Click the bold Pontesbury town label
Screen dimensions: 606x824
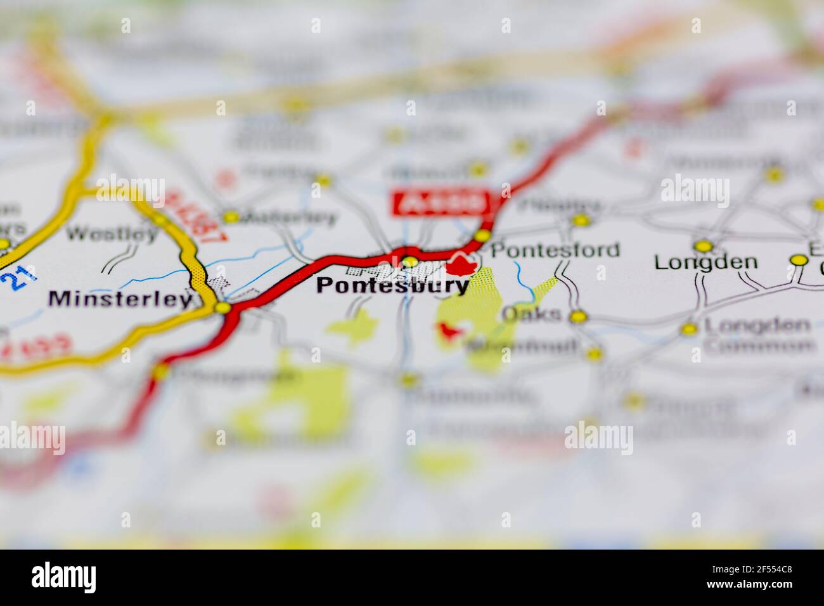tap(392, 286)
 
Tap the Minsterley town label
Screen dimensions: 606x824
tap(120, 299)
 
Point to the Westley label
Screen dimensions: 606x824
tap(112, 233)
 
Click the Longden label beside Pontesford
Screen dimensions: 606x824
tap(705, 262)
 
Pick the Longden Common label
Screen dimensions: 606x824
tap(758, 335)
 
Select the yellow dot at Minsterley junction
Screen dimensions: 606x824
tap(222, 308)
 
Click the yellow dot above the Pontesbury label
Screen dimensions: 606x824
tap(410, 261)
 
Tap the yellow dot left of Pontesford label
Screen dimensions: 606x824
tap(482, 236)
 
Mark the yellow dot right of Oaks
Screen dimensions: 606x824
tap(577, 316)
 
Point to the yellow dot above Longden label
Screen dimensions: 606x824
tap(702, 246)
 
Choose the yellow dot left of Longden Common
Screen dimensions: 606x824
tap(688, 329)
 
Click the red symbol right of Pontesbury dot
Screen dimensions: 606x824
tap(461, 264)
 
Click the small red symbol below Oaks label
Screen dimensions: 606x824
tap(449, 331)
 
